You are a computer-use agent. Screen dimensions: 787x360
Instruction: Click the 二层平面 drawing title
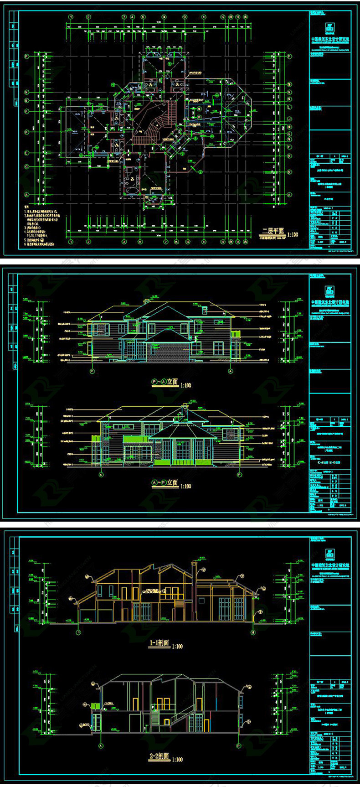click(273, 231)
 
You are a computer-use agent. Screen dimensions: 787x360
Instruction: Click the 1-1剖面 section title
click(159, 643)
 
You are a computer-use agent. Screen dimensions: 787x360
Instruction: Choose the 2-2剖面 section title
click(159, 756)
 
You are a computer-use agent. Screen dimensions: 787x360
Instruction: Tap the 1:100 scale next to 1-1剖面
click(177, 646)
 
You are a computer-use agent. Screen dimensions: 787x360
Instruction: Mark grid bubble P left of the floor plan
click(27, 57)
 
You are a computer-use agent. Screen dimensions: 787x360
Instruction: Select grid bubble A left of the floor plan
click(27, 195)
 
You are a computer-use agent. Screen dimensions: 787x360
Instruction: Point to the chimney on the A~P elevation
click(185, 409)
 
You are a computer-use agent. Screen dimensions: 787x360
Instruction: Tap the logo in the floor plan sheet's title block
click(330, 27)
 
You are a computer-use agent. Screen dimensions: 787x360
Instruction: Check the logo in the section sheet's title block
click(330, 554)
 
